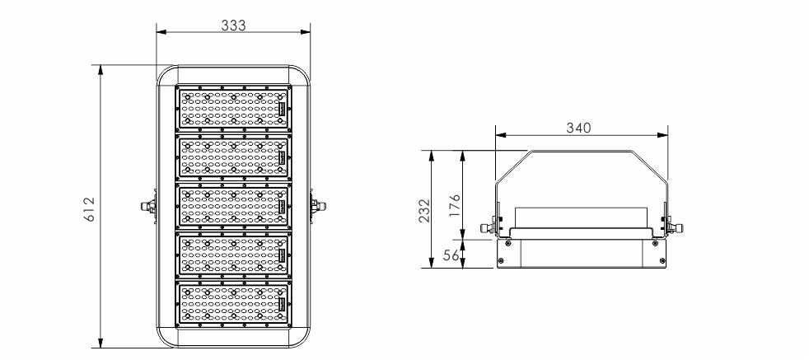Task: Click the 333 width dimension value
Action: click(x=234, y=25)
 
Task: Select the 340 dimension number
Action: click(x=578, y=128)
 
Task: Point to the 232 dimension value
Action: click(x=424, y=210)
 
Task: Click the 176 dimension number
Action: click(x=455, y=205)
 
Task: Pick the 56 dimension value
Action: click(x=451, y=255)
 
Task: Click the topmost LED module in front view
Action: click(x=234, y=108)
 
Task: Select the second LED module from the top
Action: click(x=234, y=157)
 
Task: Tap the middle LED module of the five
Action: click(x=234, y=206)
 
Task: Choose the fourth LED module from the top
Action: click(x=234, y=255)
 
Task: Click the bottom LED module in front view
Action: click(x=234, y=304)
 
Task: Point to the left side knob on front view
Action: click(x=148, y=206)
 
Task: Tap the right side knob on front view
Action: click(x=318, y=206)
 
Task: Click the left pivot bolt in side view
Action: click(x=489, y=227)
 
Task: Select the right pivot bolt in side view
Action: click(x=673, y=227)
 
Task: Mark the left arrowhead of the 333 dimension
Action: click(x=161, y=32)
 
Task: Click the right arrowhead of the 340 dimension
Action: click(x=663, y=135)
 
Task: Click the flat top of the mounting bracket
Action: click(x=582, y=151)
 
